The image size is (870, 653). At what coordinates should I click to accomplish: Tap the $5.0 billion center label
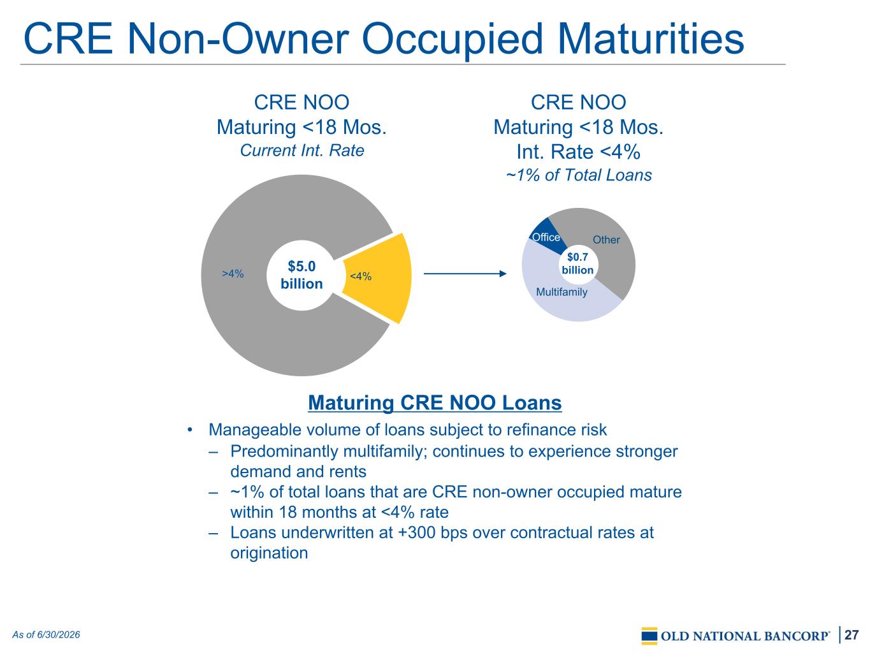[x=301, y=275]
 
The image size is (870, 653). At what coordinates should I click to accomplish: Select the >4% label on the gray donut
[x=233, y=274]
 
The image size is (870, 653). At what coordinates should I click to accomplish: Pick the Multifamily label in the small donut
[x=562, y=292]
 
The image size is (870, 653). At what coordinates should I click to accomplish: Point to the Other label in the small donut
[x=606, y=240]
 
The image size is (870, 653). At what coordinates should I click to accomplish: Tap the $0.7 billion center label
[x=577, y=263]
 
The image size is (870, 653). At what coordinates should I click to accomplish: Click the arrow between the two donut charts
[x=465, y=274]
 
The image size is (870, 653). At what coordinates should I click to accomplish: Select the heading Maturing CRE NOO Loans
[x=435, y=403]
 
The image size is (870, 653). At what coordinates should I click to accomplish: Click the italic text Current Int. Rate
[x=301, y=150]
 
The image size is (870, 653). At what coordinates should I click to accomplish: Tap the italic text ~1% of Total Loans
[x=579, y=175]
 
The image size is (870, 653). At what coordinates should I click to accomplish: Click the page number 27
[x=852, y=635]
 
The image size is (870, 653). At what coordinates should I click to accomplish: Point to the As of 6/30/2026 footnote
[x=46, y=635]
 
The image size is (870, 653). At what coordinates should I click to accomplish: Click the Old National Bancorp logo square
[x=649, y=636]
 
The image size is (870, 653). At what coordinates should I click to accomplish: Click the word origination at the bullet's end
[x=269, y=553]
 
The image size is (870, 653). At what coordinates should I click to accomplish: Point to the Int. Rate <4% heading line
[x=578, y=152]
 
